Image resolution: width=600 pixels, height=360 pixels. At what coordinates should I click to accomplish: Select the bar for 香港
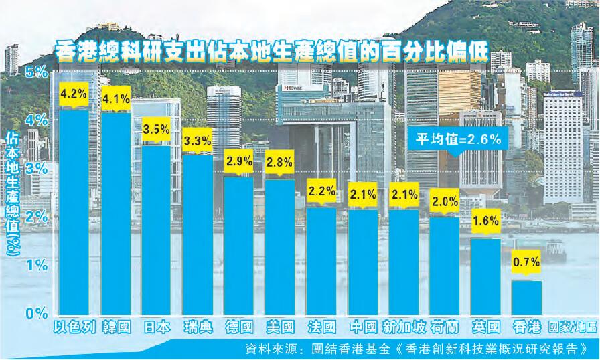click(526, 297)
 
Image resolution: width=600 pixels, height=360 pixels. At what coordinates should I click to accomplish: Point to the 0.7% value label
click(526, 264)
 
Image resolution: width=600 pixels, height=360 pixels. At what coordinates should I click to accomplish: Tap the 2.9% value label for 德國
click(239, 161)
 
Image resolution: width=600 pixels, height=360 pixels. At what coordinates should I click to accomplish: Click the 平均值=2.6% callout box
click(456, 141)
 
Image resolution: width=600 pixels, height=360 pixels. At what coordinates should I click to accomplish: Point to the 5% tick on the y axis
click(37, 70)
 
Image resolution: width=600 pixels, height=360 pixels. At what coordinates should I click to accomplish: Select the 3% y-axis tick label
click(37, 168)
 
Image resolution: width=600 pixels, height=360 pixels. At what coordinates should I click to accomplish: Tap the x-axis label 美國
click(280, 328)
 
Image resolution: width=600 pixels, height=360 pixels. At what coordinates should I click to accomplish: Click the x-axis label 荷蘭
click(445, 328)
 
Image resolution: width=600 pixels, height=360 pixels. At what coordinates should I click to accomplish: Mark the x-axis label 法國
click(321, 328)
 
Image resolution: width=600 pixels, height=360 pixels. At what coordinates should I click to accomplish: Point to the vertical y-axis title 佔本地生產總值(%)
click(13, 194)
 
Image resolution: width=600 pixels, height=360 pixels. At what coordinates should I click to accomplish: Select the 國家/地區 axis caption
click(573, 328)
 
